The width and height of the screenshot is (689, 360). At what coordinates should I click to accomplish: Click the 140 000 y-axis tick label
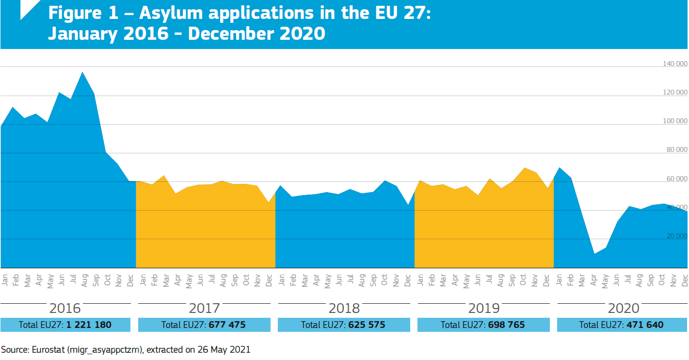pos(675,64)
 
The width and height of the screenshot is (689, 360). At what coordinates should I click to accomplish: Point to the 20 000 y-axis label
pos(677,236)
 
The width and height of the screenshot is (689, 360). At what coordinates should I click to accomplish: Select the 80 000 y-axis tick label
pos(677,150)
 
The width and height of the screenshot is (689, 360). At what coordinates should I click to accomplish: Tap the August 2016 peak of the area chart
pos(82,72)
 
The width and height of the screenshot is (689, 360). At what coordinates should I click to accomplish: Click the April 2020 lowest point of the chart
pos(594,254)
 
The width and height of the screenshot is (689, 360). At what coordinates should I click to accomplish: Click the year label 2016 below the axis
pos(65,308)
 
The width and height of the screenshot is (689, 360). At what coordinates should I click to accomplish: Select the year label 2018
pos(344,308)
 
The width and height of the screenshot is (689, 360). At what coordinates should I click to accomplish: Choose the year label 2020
pos(624,308)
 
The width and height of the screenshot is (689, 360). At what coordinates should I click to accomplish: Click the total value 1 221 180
pos(89,325)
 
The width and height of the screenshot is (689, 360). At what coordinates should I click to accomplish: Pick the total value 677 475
pos(227,325)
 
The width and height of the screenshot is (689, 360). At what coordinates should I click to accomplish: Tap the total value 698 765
pos(506,325)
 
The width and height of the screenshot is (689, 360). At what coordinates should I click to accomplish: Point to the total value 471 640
pos(645,325)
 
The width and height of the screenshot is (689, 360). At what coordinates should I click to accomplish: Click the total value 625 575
pos(367,325)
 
